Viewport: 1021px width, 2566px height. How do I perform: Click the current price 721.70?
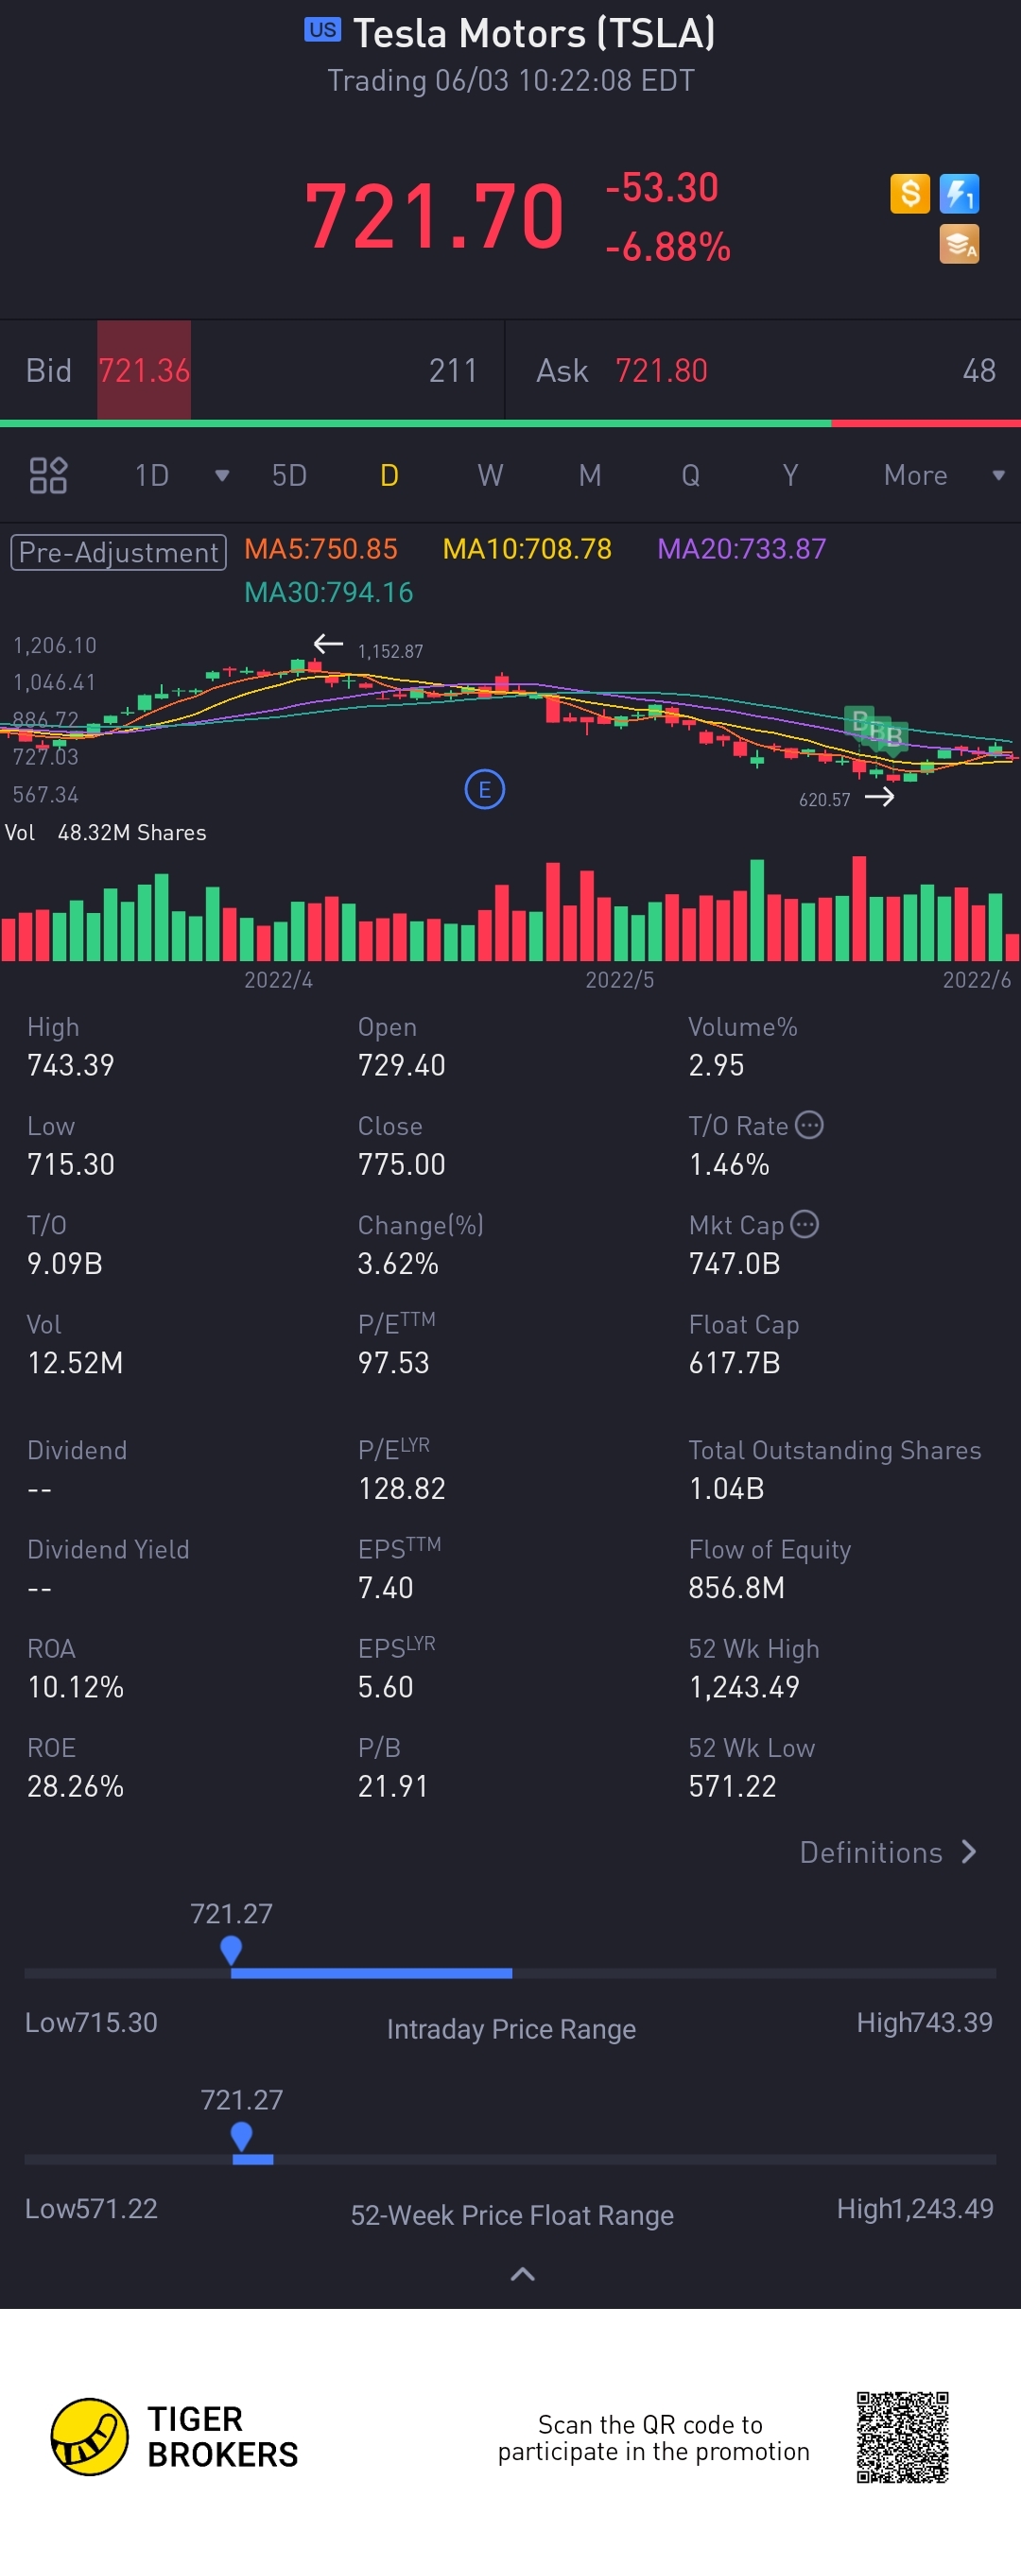coord(434,216)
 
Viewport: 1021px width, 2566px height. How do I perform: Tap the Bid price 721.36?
coord(144,370)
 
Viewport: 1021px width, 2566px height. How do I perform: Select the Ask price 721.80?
coord(661,370)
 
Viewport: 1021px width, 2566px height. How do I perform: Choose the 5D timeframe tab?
coord(289,475)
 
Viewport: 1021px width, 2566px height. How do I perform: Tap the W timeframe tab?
coord(489,475)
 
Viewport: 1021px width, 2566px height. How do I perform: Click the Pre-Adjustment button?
coord(118,552)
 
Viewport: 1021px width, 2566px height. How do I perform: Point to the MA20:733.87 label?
coord(741,549)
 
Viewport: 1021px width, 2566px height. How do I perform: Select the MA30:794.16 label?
coord(329,593)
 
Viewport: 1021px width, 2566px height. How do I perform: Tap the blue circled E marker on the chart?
coord(484,790)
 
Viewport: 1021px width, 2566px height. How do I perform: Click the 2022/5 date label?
coord(619,980)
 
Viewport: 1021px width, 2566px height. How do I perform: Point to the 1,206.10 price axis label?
coord(55,646)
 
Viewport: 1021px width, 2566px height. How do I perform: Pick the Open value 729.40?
coord(402,1065)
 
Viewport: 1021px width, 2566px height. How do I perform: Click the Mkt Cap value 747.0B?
coord(735,1263)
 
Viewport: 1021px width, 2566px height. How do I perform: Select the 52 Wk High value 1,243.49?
coord(744,1686)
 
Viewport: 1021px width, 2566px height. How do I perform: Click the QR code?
coord(902,2437)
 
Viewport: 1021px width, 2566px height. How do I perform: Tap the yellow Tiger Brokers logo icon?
coord(90,2437)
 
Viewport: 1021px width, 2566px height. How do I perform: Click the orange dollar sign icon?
coord(909,193)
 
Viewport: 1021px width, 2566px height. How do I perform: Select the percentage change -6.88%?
coord(667,247)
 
